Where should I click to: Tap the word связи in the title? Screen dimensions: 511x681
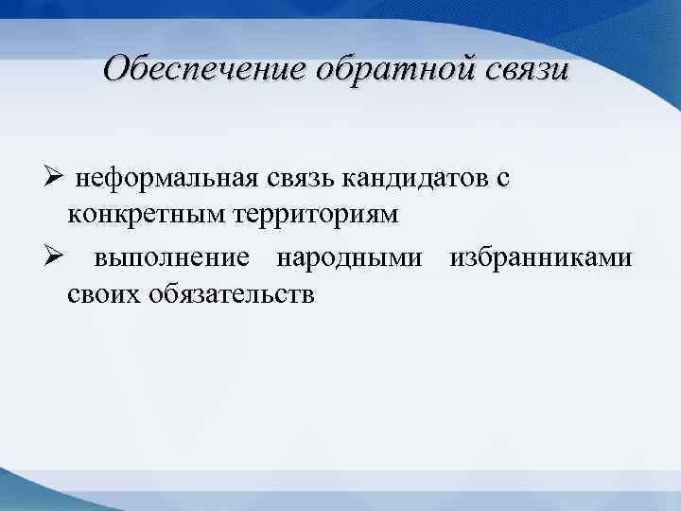click(511, 69)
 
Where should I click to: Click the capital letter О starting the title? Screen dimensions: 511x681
click(117, 68)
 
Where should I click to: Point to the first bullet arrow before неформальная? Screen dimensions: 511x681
click(54, 179)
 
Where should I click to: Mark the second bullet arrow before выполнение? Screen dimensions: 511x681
click(54, 258)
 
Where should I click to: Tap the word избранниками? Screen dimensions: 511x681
click(539, 259)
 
